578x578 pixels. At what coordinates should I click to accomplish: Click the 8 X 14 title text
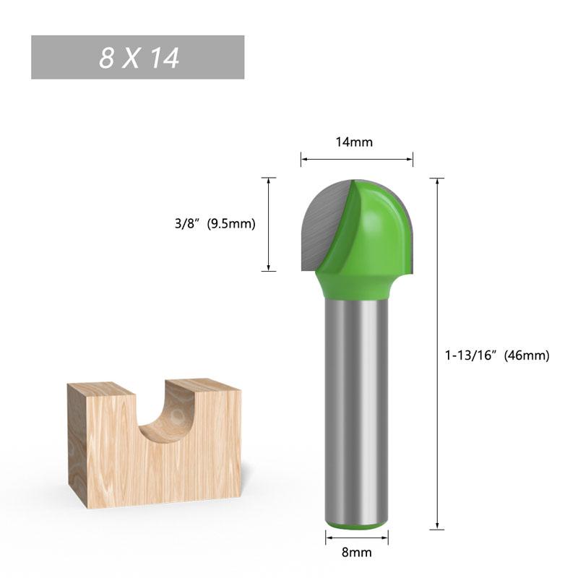click(139, 58)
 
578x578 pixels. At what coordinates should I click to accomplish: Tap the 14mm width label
click(354, 142)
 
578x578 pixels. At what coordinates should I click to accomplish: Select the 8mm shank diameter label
click(357, 553)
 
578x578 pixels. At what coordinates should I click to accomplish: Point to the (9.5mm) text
click(231, 224)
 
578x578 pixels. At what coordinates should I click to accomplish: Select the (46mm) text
click(527, 355)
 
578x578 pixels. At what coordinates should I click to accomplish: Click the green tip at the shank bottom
click(356, 526)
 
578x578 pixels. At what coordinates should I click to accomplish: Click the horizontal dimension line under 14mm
click(357, 159)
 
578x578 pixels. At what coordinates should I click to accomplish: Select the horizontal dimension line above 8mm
click(357, 536)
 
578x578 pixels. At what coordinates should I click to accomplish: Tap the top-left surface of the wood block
click(101, 388)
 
